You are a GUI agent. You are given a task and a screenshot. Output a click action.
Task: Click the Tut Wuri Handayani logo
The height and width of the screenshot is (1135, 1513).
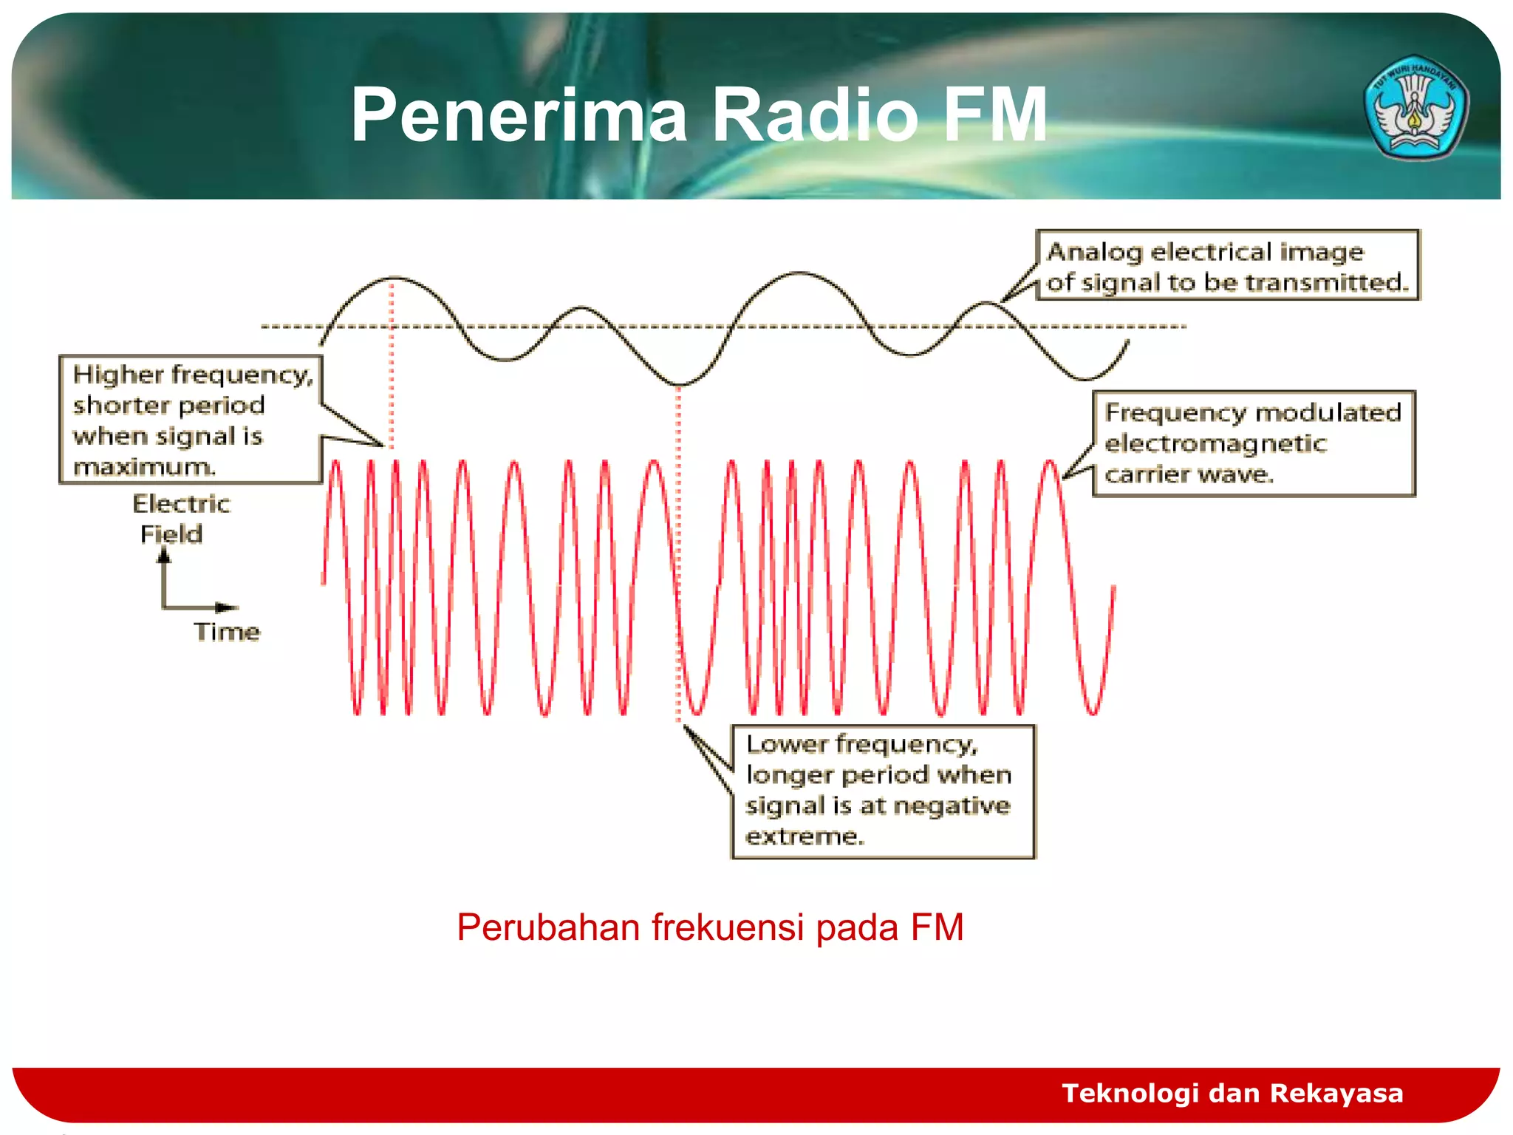(1415, 108)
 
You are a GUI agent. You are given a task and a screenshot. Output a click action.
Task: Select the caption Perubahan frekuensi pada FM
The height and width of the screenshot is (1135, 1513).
(710, 927)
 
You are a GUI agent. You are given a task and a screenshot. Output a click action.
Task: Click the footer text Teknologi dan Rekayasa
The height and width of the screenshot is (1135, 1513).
(1232, 1092)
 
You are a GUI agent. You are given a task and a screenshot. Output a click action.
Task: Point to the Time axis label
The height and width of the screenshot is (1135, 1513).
(227, 632)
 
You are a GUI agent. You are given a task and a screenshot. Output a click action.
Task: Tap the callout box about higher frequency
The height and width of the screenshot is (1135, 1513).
(191, 420)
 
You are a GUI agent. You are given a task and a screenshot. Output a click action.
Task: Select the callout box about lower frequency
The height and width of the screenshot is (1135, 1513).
(883, 791)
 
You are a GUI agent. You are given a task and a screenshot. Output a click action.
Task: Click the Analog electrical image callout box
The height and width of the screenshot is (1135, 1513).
(1227, 265)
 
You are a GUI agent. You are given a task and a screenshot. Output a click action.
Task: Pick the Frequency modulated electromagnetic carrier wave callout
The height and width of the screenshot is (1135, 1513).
(1254, 443)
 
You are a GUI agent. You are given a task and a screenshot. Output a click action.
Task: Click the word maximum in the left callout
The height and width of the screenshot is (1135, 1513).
(144, 467)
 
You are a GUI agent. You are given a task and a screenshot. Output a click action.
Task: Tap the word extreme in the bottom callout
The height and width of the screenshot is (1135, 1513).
(805, 836)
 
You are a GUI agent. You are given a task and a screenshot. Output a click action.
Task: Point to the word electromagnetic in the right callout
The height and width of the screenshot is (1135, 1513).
(1215, 443)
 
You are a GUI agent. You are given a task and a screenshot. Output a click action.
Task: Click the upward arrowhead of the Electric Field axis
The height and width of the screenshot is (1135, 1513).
(163, 556)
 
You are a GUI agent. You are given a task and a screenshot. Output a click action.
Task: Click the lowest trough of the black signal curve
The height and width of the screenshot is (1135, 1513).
(679, 384)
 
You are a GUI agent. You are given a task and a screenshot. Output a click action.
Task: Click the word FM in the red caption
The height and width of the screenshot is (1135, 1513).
(937, 927)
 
